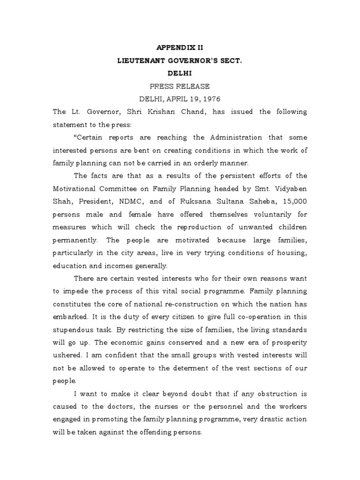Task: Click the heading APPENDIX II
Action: (x=180, y=47)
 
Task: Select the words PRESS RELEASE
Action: (x=180, y=86)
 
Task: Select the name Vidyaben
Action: (x=285, y=188)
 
